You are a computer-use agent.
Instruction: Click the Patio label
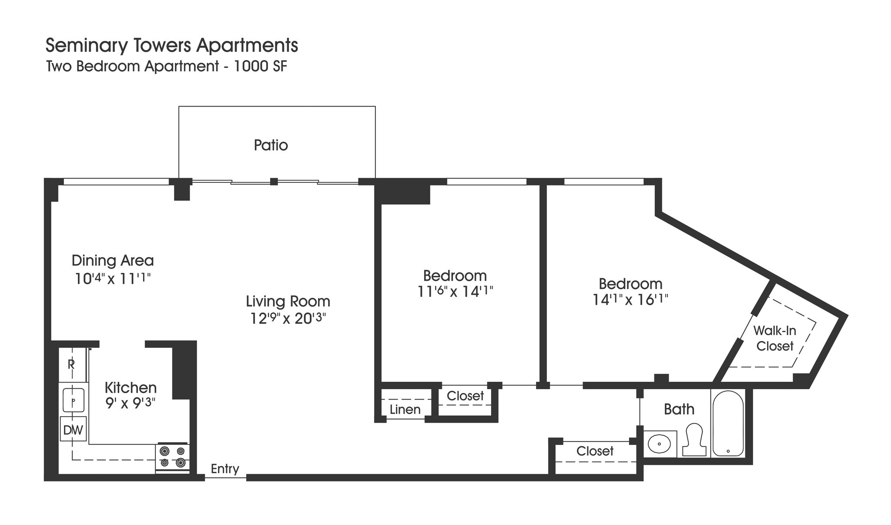(271, 145)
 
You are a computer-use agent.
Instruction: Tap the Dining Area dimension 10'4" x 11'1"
(113, 279)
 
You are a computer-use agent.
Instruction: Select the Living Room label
(288, 301)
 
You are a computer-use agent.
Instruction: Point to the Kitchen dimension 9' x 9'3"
(131, 403)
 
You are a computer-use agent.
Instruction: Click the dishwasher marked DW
(73, 430)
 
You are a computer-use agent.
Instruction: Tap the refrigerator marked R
(71, 364)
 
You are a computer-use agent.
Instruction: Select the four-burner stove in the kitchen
(172, 457)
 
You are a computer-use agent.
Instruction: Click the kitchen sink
(74, 400)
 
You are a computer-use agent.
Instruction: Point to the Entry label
(225, 469)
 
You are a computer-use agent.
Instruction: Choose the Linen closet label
(405, 410)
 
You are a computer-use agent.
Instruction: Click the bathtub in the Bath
(728, 423)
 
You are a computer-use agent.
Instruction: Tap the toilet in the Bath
(693, 440)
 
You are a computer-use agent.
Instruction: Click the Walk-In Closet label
(774, 338)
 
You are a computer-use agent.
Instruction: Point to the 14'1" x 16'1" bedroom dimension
(630, 300)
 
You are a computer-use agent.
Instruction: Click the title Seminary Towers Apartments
(172, 45)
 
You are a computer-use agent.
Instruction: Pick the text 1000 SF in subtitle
(261, 67)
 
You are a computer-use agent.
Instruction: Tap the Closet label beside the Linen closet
(465, 396)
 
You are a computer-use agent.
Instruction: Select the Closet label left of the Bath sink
(595, 451)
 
